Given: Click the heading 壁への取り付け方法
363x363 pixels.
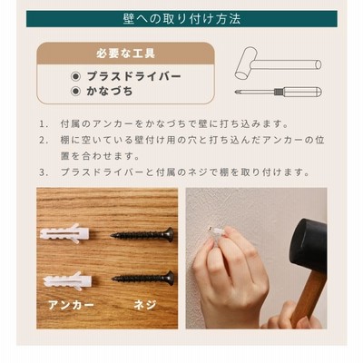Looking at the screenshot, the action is click(x=181, y=19).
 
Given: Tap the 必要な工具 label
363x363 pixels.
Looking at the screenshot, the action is click(x=126, y=54).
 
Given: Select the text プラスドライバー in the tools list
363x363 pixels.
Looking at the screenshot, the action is click(x=133, y=76).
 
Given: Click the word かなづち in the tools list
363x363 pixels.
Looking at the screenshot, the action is click(x=110, y=92).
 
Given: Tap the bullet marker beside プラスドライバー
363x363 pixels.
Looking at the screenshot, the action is click(x=75, y=76).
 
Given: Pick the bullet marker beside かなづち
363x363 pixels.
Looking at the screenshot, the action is click(x=75, y=92).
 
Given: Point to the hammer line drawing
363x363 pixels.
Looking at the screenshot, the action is click(x=278, y=64).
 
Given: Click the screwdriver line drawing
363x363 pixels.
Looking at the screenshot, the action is click(x=279, y=92).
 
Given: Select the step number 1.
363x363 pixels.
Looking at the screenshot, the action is click(x=44, y=124).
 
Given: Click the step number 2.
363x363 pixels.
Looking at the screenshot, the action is click(x=44, y=140).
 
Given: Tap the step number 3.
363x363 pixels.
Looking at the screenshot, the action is click(x=44, y=172).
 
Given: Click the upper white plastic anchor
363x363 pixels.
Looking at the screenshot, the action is click(x=64, y=233).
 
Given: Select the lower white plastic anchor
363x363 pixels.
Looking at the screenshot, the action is click(x=67, y=280).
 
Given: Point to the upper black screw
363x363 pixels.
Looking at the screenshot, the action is click(x=142, y=234).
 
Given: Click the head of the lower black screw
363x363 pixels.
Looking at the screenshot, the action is click(x=171, y=278).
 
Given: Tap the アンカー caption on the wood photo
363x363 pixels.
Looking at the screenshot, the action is click(x=71, y=305).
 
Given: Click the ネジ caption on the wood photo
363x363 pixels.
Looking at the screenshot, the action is click(x=145, y=305).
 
